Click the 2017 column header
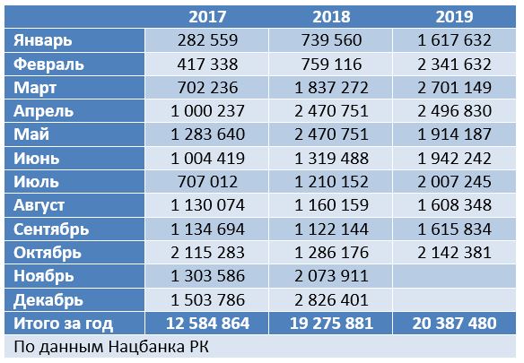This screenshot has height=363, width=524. tap(207, 17)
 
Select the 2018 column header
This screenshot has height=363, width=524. tap(331, 17)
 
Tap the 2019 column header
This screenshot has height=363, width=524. tap(455, 17)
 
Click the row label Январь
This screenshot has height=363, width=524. tap(43, 40)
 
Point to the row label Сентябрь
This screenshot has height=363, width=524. tap(51, 229)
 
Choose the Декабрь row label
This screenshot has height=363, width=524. tap(48, 300)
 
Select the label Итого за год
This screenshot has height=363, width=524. tap(63, 324)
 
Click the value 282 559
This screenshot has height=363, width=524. tap(207, 40)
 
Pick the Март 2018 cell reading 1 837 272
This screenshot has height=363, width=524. tap(331, 88)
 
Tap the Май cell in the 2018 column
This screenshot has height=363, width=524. tap(331, 134)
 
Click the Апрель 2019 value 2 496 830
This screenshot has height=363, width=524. tap(455, 111)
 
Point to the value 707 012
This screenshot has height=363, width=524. tap(207, 182)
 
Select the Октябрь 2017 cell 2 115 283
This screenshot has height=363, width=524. tap(207, 253)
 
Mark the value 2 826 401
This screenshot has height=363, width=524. tap(331, 300)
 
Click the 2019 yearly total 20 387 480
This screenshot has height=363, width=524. tap(455, 324)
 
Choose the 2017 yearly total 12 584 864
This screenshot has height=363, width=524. tap(207, 324)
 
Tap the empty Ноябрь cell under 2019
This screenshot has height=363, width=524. tap(454, 276)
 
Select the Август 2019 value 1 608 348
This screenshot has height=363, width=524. tap(455, 205)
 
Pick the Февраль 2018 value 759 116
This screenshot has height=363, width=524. tap(331, 65)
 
